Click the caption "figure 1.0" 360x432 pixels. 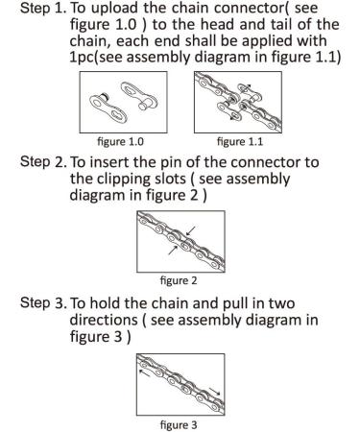pyautogui.click(x=120, y=141)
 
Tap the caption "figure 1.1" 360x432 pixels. pyautogui.click(x=240, y=141)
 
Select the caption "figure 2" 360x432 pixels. pyautogui.click(x=179, y=280)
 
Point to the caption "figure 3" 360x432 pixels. pyautogui.click(x=179, y=425)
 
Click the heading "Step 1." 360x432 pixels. pyautogui.click(x=43, y=9)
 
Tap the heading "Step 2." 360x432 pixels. pyautogui.click(x=43, y=162)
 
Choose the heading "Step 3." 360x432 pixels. pyautogui.click(x=43, y=302)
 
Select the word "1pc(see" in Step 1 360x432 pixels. pyautogui.click(x=97, y=58)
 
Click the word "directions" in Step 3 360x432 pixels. pyautogui.click(x=104, y=320)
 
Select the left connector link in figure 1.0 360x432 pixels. pyautogui.click(x=108, y=108)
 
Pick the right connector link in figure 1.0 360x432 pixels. pyautogui.click(x=139, y=95)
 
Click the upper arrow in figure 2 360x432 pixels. pyautogui.click(x=191, y=230)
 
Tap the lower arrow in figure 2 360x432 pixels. pyautogui.click(x=173, y=251)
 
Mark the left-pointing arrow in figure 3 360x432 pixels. pyautogui.click(x=144, y=372)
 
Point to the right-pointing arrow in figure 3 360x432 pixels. pyautogui.click(x=214, y=392)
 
